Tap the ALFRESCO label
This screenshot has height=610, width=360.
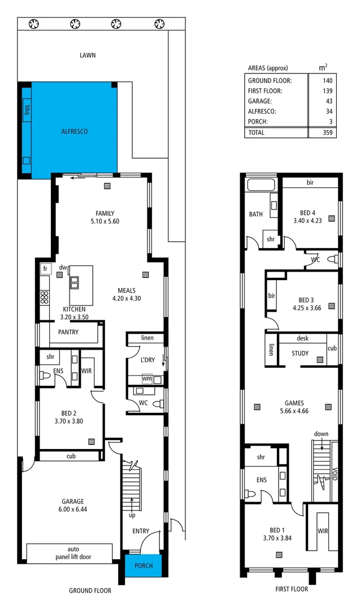click(75, 131)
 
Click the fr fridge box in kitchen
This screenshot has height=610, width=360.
click(45, 269)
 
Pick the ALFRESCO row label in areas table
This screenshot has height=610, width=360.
click(263, 111)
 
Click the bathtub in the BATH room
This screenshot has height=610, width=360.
click(261, 185)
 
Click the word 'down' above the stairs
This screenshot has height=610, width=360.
click(321, 434)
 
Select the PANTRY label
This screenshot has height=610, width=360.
click(68, 332)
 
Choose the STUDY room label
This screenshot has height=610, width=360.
click(300, 354)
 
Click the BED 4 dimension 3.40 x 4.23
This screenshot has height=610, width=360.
click(307, 221)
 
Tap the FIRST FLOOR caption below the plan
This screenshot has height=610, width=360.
click(292, 589)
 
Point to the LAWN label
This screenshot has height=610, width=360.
click(88, 55)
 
